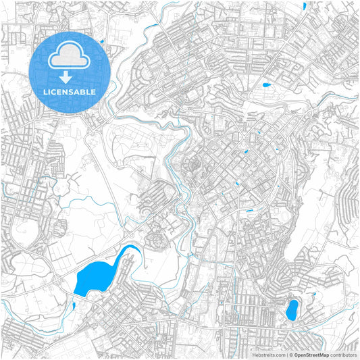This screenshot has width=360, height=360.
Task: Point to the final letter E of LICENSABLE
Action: pos(93,92)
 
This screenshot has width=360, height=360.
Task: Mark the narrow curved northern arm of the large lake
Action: pos(129,253)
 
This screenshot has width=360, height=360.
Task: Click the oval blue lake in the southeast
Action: pos(292,311)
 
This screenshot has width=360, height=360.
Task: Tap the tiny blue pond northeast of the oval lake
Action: pos(313,295)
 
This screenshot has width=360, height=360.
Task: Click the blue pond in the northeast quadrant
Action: pos(265,86)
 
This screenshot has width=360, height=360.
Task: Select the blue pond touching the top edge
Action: pos(305,6)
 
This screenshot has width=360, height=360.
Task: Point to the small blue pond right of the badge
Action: pos(101,42)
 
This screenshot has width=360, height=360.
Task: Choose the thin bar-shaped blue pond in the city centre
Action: pos(250,211)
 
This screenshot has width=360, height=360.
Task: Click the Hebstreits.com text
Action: pos(269,354)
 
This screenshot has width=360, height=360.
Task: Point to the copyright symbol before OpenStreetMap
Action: pos(291,354)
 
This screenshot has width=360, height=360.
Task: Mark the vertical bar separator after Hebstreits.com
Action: pos(286,354)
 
